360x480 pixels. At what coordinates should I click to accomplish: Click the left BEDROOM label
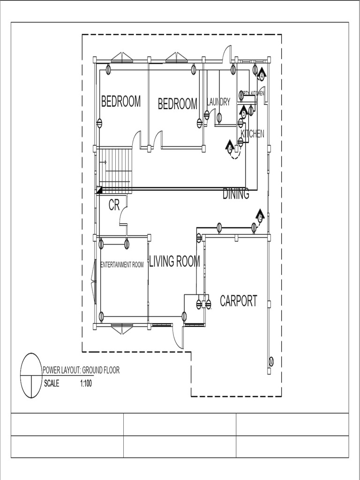coord(121,102)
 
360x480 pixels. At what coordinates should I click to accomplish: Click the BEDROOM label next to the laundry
coord(178,104)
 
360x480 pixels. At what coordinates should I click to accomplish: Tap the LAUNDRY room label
coord(218,102)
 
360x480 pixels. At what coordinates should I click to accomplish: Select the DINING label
coord(236,194)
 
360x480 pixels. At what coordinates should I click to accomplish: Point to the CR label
coord(114,205)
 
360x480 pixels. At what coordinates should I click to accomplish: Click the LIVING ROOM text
coord(174,262)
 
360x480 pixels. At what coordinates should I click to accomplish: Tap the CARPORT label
coord(239,301)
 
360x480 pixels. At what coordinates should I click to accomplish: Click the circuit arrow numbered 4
coord(261,74)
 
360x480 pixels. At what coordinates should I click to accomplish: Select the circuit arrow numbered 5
coord(243,112)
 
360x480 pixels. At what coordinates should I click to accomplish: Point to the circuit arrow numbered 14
coord(230,147)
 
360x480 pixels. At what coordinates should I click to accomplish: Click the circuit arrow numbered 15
coord(260,216)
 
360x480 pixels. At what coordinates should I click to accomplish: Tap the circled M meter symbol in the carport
coord(271,361)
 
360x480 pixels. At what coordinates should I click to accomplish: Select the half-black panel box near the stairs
coord(99,190)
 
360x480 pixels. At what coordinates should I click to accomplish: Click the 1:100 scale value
coord(85,383)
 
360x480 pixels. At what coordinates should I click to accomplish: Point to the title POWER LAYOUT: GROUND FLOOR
coord(81,370)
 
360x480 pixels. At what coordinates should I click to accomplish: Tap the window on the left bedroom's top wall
coord(122,58)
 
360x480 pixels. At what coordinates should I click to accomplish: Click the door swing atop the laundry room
coord(227,52)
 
